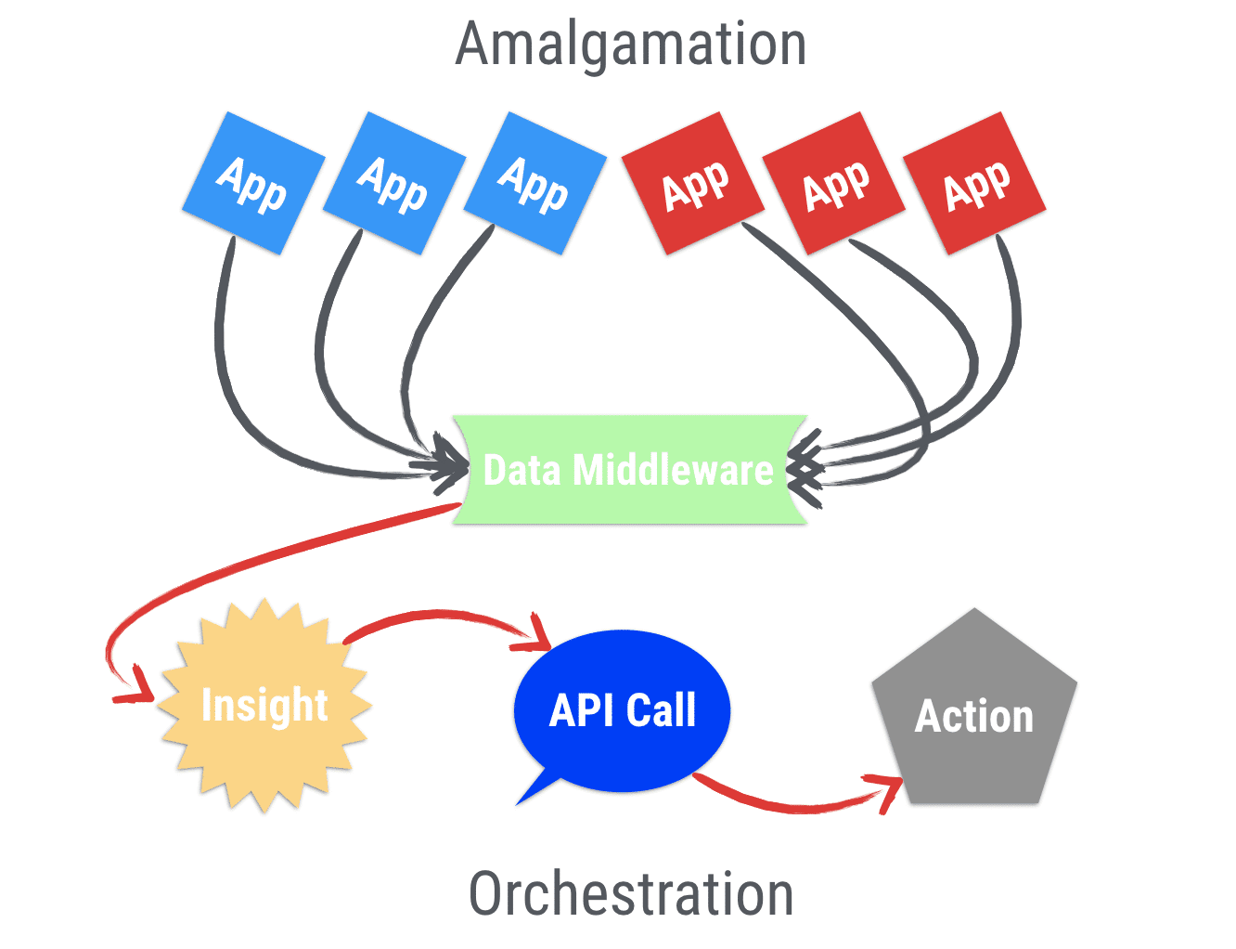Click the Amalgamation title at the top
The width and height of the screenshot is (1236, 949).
(631, 45)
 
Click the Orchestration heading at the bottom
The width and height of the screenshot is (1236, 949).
(631, 893)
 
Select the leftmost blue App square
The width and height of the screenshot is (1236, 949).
(253, 183)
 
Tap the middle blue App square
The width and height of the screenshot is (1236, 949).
(394, 183)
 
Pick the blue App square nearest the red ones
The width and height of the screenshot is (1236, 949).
(534, 183)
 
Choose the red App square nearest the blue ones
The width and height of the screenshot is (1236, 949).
(693, 183)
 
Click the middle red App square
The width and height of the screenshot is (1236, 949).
(834, 183)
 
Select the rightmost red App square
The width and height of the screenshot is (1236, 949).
(975, 183)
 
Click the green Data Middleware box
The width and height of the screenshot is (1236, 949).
(629, 470)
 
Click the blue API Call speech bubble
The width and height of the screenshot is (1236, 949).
(623, 710)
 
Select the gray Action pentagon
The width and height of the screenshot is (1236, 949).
(974, 716)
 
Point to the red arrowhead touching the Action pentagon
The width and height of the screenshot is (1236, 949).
(889, 789)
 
